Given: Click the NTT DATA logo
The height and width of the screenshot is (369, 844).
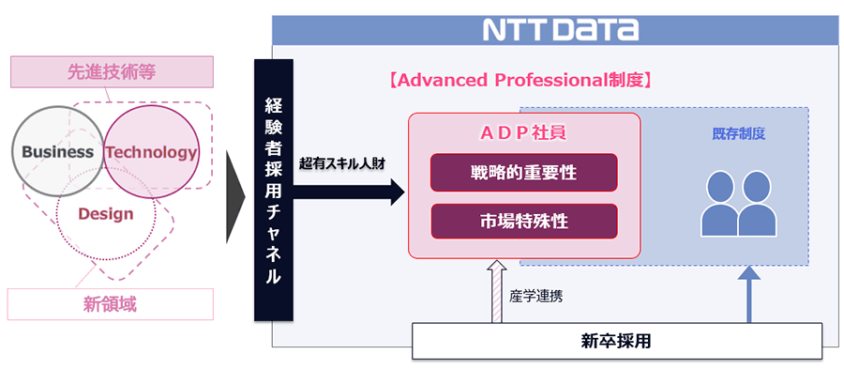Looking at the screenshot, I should (x=560, y=29).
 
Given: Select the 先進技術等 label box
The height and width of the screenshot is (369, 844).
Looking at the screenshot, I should (x=112, y=69).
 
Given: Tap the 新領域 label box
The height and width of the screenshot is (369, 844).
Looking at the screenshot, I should (x=111, y=303).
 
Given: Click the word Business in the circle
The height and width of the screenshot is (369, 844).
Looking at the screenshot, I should (x=57, y=152).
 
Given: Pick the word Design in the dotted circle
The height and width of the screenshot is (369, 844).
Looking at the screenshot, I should (x=105, y=214).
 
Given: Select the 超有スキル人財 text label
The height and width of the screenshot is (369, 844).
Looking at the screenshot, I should (x=342, y=163).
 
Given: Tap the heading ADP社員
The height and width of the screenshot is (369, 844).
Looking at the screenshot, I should (x=523, y=132).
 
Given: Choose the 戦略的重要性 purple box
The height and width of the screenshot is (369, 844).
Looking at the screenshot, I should (x=523, y=173).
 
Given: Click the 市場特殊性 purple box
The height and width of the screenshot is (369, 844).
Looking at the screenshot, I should (x=523, y=222).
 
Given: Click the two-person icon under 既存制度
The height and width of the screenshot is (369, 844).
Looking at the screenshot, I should (x=739, y=203).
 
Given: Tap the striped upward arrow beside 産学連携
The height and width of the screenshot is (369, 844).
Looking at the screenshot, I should (x=496, y=292).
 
